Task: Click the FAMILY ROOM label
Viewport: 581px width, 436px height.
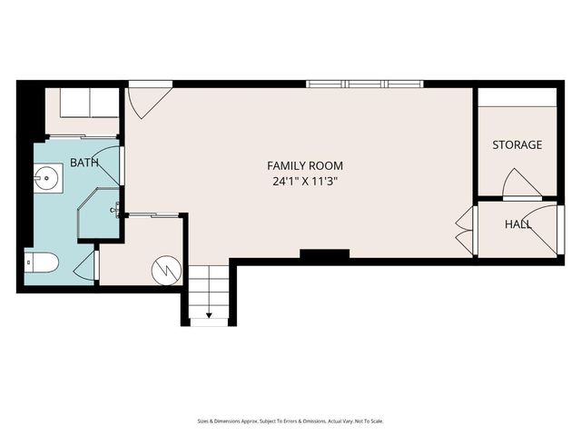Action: (305, 165)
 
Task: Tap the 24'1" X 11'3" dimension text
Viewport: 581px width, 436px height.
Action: (305, 181)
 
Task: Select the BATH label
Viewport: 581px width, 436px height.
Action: (84, 163)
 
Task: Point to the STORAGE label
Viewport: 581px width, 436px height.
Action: (517, 144)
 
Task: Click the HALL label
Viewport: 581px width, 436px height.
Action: (518, 223)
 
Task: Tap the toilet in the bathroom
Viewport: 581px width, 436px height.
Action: (42, 263)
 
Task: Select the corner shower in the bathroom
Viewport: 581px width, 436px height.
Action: (99, 214)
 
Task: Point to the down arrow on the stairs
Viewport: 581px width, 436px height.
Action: (210, 315)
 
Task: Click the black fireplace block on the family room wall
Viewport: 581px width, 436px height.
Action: (324, 254)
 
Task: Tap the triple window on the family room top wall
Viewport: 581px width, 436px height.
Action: (365, 84)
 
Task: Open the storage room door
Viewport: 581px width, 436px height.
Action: (522, 183)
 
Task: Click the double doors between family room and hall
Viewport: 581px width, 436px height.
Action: (465, 233)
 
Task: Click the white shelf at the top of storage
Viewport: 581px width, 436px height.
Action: (517, 97)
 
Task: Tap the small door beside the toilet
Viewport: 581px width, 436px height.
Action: (88, 267)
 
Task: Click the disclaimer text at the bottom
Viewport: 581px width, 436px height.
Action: (290, 421)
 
